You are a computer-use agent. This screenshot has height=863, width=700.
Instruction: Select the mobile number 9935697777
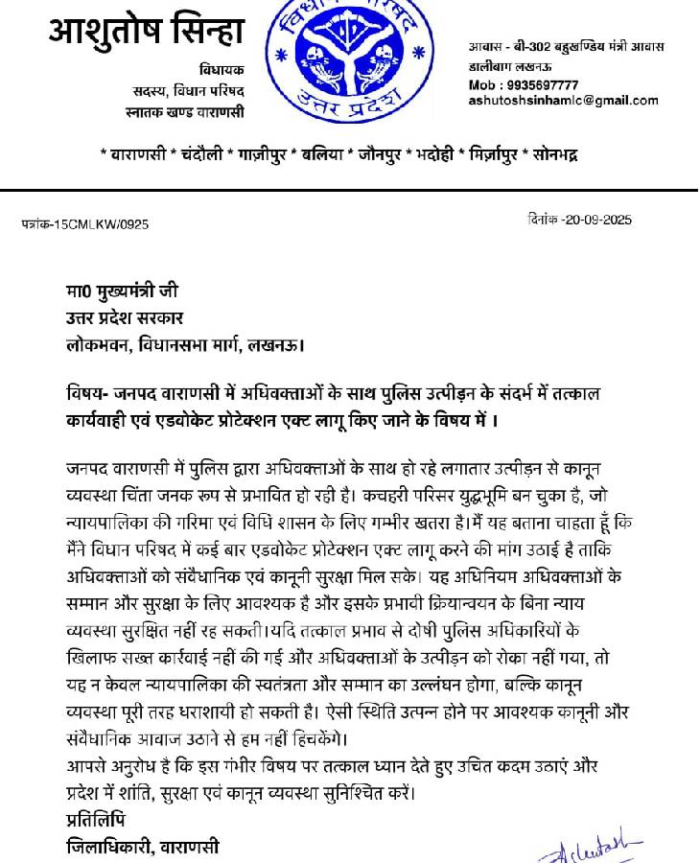tap(537, 85)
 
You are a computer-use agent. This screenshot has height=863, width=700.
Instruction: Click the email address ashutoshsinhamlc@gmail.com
tap(563, 101)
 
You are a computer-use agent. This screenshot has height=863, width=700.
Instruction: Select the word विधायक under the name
tap(222, 70)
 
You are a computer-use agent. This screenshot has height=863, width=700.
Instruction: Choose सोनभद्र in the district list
tap(555, 153)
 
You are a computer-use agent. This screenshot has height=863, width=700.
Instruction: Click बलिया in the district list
tap(324, 153)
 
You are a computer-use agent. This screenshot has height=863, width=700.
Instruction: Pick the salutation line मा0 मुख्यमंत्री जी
tap(122, 292)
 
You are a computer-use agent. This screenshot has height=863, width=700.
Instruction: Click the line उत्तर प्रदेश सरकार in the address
tap(125, 317)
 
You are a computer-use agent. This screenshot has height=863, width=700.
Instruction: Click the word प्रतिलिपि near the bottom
tap(95, 822)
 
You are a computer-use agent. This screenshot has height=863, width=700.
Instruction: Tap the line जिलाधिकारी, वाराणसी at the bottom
tap(142, 847)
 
